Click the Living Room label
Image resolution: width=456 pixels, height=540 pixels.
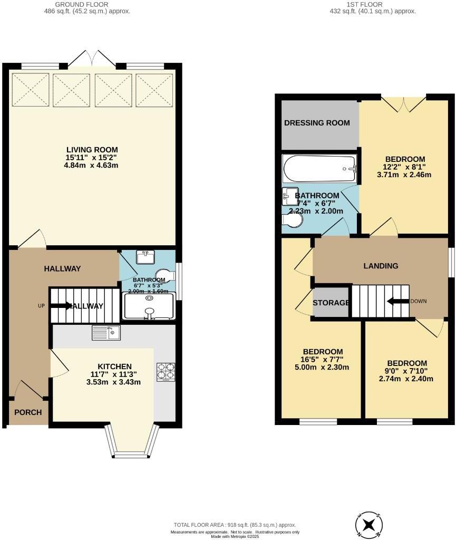[x=92, y=149]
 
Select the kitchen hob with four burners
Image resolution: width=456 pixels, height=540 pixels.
[x=166, y=371]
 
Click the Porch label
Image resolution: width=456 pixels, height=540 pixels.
[x=27, y=412]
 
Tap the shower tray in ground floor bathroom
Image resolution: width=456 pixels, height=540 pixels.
[x=149, y=306]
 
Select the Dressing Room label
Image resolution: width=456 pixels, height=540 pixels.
[x=317, y=123]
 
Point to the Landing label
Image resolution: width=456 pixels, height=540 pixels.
[x=381, y=266]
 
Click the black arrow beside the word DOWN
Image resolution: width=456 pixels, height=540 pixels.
[x=398, y=301]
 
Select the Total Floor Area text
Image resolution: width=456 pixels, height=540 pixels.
[x=235, y=525]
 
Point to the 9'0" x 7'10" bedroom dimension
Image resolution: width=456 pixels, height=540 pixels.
[x=406, y=371]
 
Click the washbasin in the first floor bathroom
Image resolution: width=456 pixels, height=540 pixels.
[x=290, y=196]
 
